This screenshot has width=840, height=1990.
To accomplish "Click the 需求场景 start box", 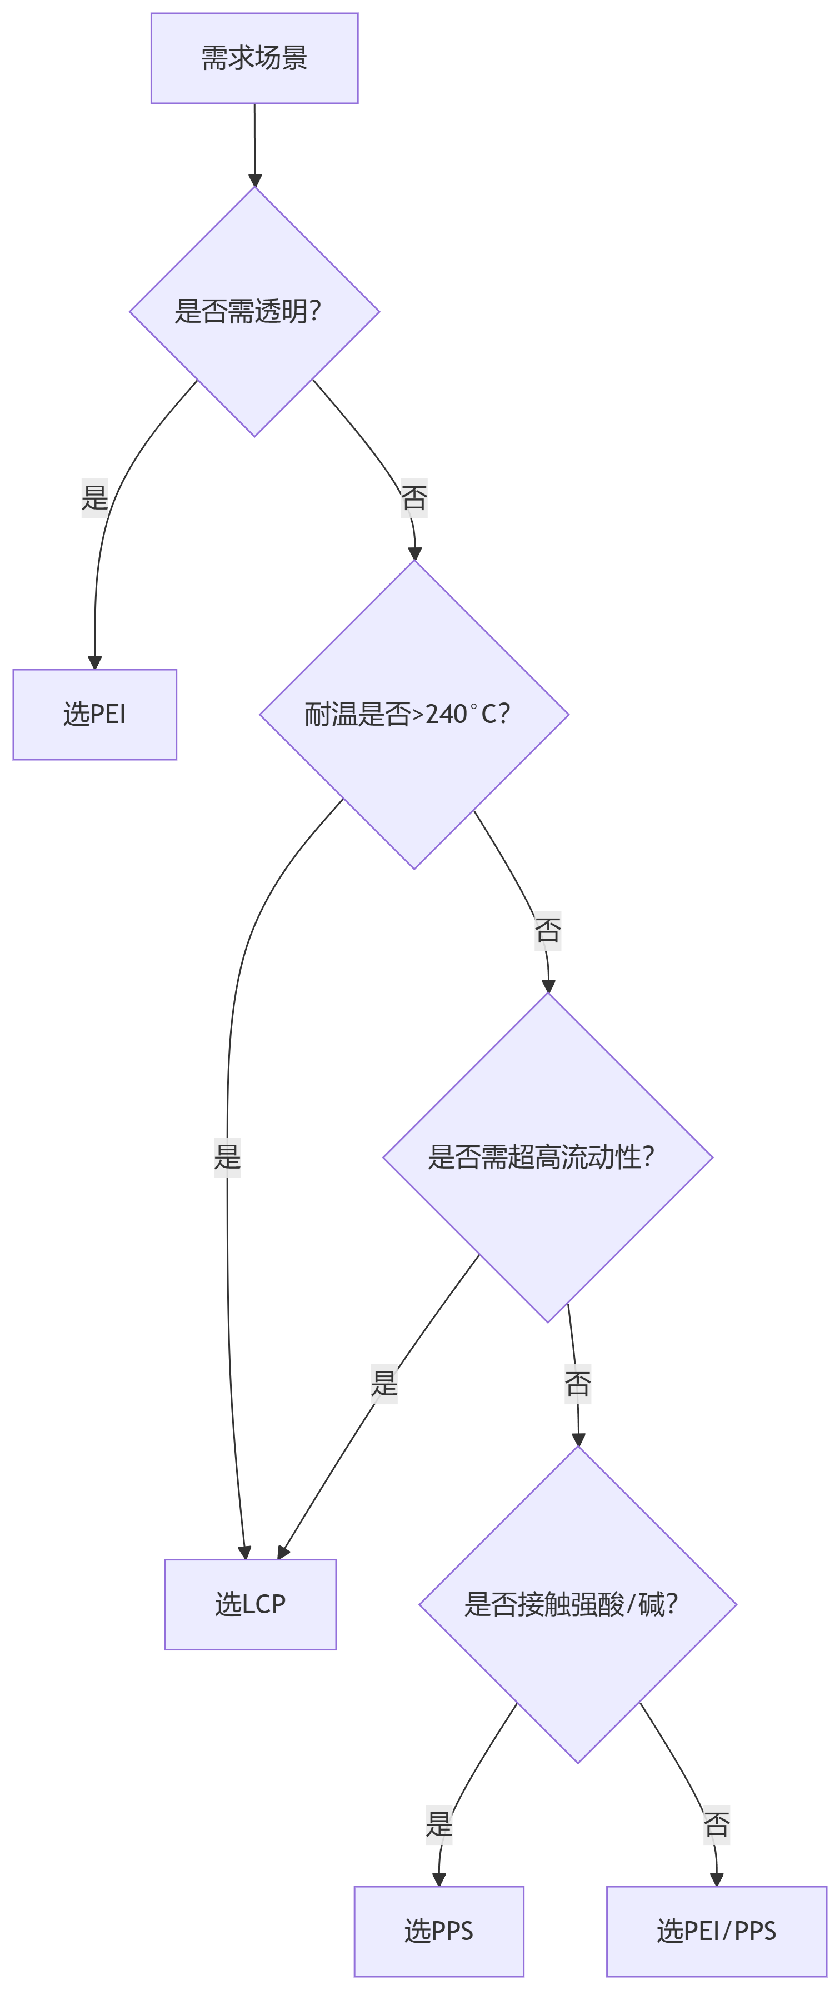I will click(x=254, y=58).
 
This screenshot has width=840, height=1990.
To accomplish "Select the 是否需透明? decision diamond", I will click(x=254, y=311).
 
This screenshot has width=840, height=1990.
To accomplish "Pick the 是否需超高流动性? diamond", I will click(x=547, y=1156).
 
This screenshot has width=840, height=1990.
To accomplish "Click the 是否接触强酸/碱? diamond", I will click(x=578, y=1604).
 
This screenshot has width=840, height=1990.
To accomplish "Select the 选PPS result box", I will click(x=438, y=1931).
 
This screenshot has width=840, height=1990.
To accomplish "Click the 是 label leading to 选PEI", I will click(x=94, y=497).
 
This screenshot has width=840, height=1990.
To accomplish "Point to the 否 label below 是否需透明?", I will click(x=414, y=498).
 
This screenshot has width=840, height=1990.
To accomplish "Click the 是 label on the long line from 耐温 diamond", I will click(x=227, y=1156).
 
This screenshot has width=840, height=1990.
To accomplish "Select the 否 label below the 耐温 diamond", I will click(x=547, y=930).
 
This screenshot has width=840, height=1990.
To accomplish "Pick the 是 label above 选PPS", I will click(x=438, y=1825).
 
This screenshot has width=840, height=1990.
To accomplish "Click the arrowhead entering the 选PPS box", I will click(x=438, y=1879).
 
